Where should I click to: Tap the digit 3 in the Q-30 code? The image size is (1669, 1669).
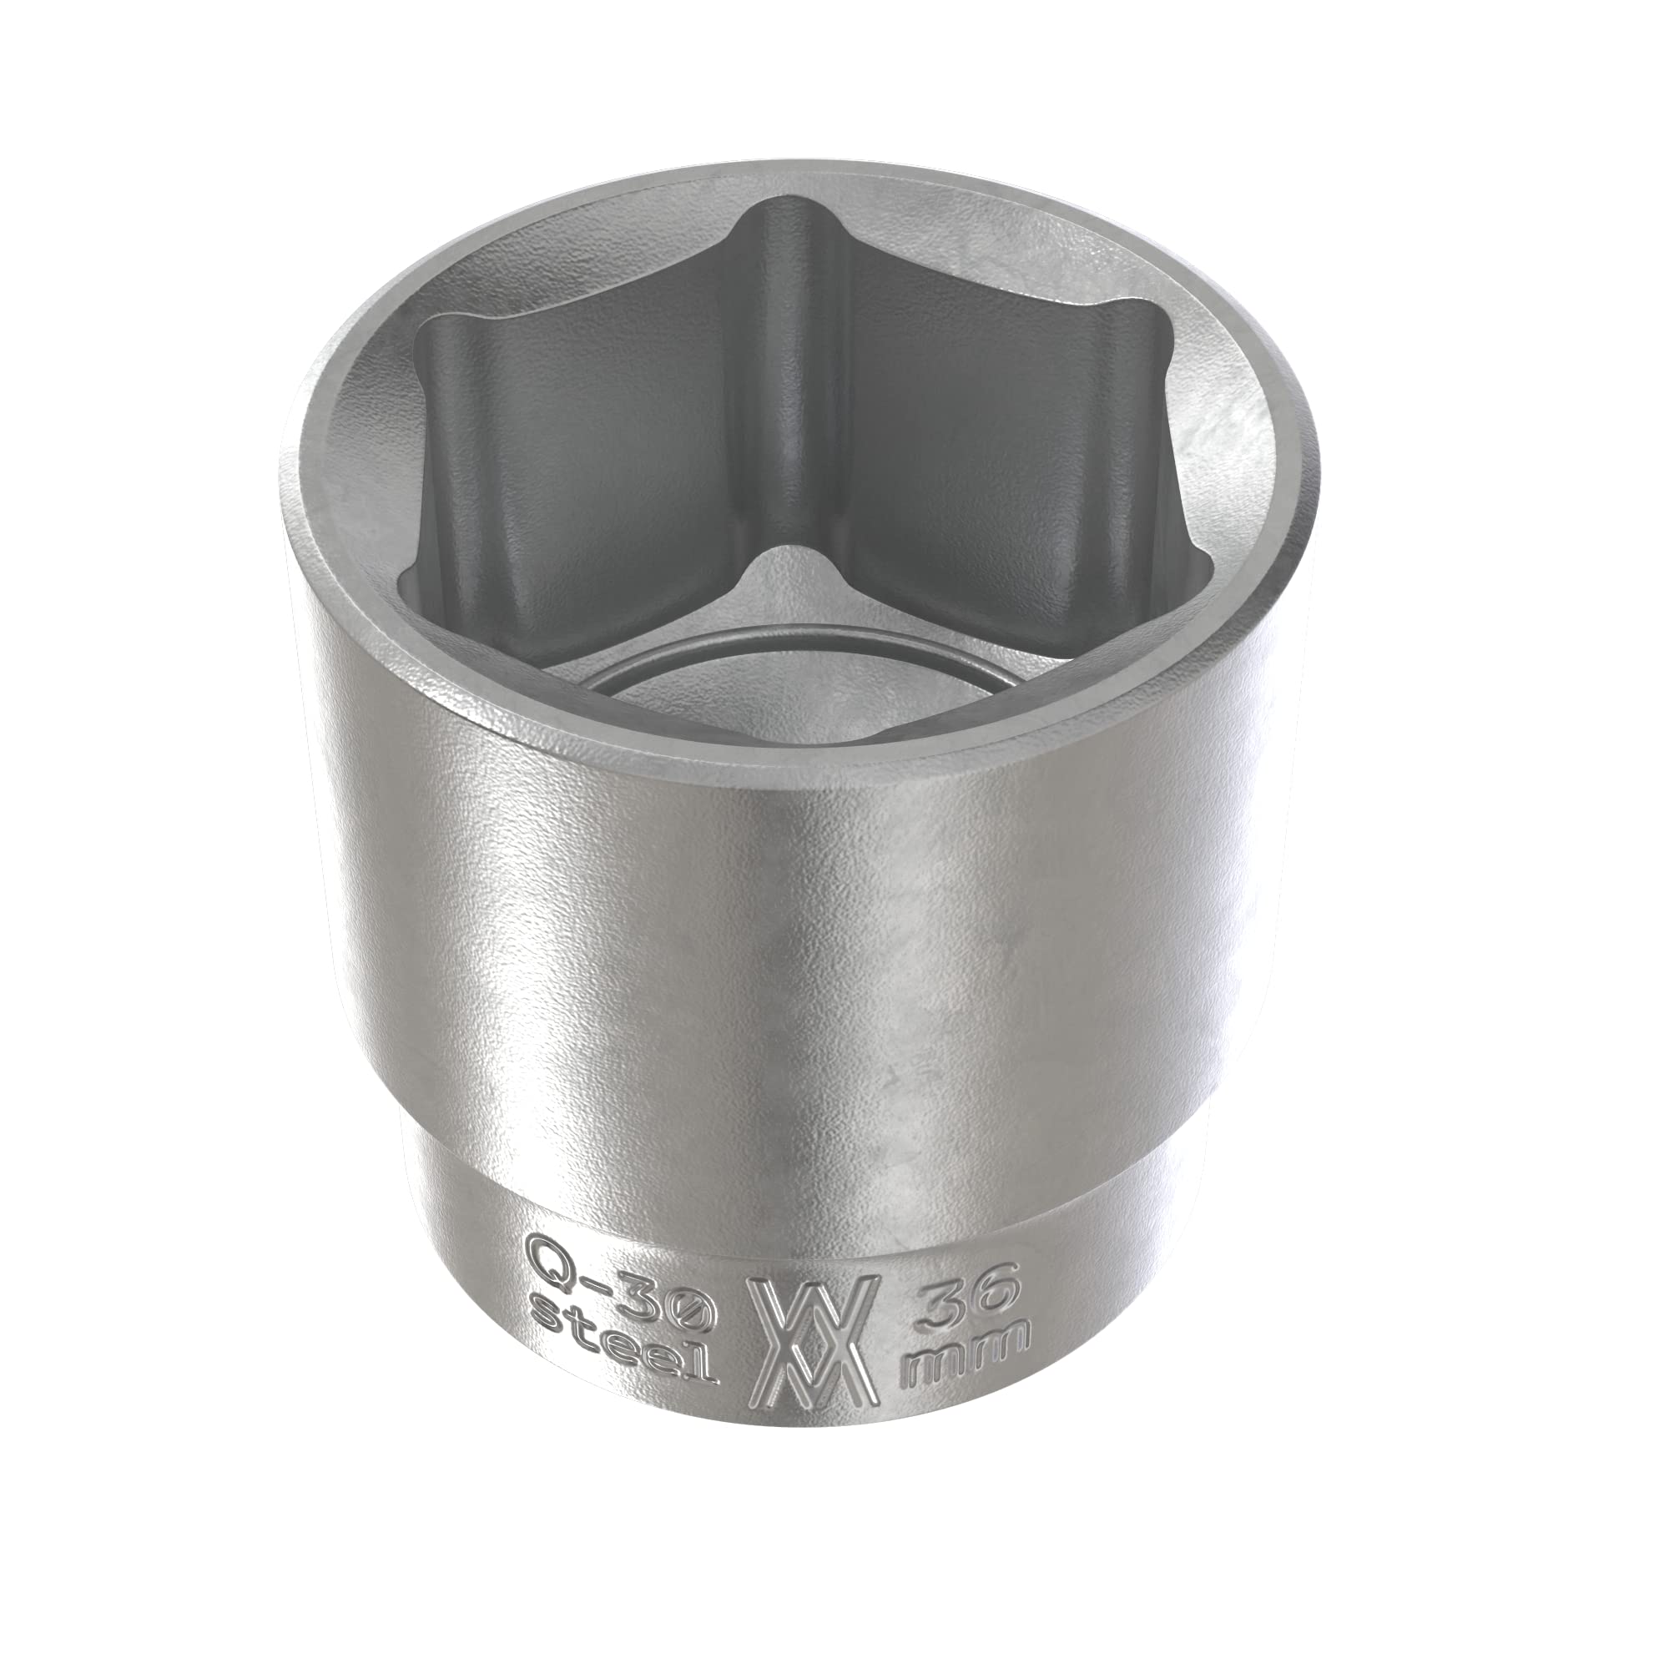tap(647, 1298)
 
